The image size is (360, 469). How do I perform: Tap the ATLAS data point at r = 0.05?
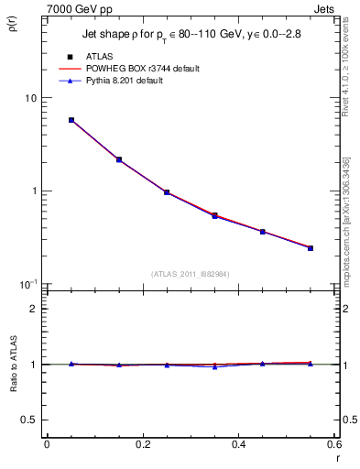pos(71,120)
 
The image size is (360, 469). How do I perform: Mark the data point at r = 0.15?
pos(119,159)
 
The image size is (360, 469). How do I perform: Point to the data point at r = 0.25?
pos(167,192)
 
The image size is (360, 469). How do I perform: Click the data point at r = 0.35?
pos(215,215)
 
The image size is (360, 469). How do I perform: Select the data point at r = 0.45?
pos(263,232)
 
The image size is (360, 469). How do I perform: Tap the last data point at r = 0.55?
pos(311,248)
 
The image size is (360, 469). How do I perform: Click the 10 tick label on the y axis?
pos(31,98)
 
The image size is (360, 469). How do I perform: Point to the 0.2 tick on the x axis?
pos(142,444)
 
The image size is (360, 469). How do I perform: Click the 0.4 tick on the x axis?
pos(238,444)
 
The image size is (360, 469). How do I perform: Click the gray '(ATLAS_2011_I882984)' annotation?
pos(191,273)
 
